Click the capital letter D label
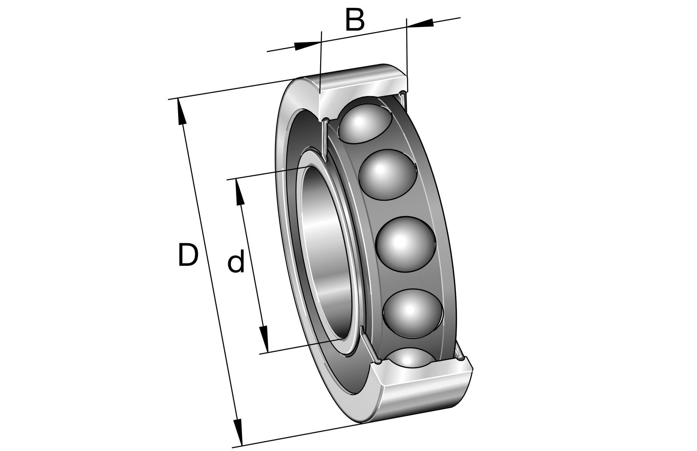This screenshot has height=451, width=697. pos(187,255)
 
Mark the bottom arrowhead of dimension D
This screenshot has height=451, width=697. pos(238,432)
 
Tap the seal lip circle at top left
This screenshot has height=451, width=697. pos(325,121)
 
